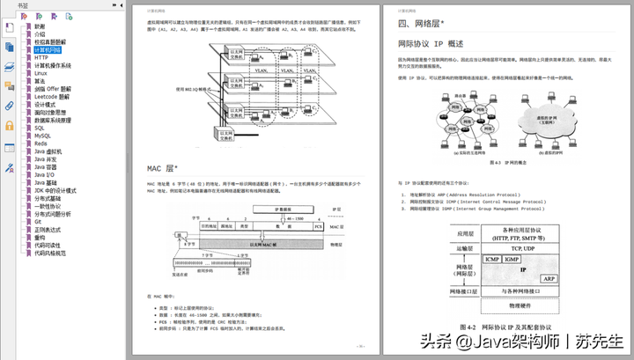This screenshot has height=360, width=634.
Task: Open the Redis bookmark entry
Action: [x=41, y=143]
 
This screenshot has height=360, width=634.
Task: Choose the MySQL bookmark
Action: [x=43, y=136]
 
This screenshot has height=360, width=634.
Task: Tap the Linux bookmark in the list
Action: [x=41, y=73]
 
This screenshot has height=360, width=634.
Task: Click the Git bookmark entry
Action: [x=38, y=221]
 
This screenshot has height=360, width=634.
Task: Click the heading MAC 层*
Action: [x=162, y=167]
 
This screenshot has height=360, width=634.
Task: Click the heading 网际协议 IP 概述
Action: [x=431, y=43]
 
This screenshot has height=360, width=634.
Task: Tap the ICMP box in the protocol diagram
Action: [x=493, y=260]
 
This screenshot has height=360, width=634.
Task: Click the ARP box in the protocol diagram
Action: [x=549, y=278]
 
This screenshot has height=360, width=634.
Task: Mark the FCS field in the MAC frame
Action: [x=316, y=227]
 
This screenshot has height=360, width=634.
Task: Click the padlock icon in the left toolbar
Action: [x=9, y=125]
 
